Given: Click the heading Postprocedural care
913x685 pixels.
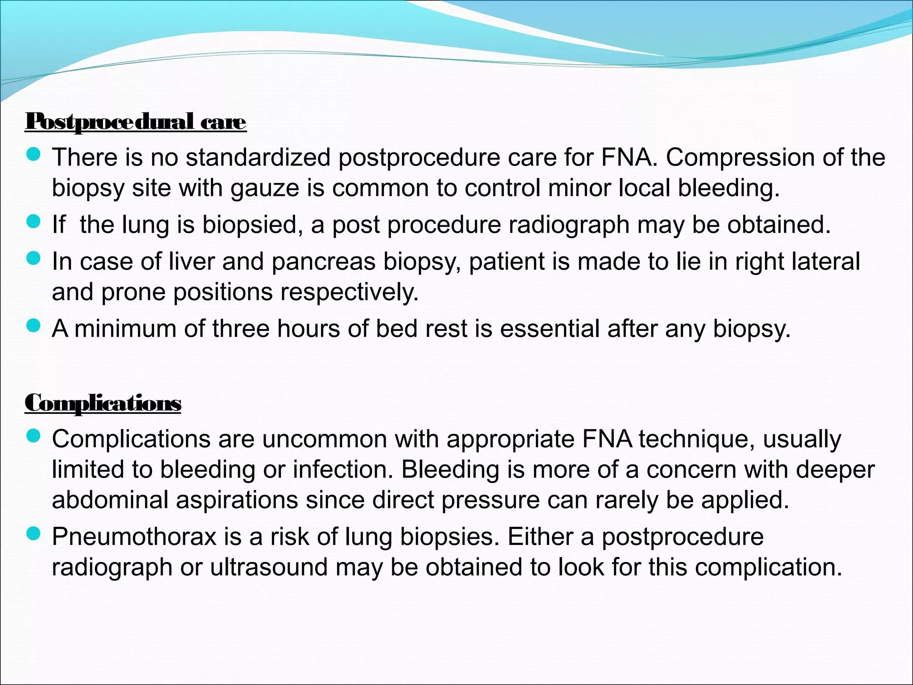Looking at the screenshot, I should click(136, 121).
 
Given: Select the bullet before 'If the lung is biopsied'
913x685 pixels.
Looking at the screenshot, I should click(33, 222).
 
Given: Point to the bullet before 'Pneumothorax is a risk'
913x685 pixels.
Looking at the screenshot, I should click(33, 534).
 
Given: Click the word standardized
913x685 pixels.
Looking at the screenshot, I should click(258, 157).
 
